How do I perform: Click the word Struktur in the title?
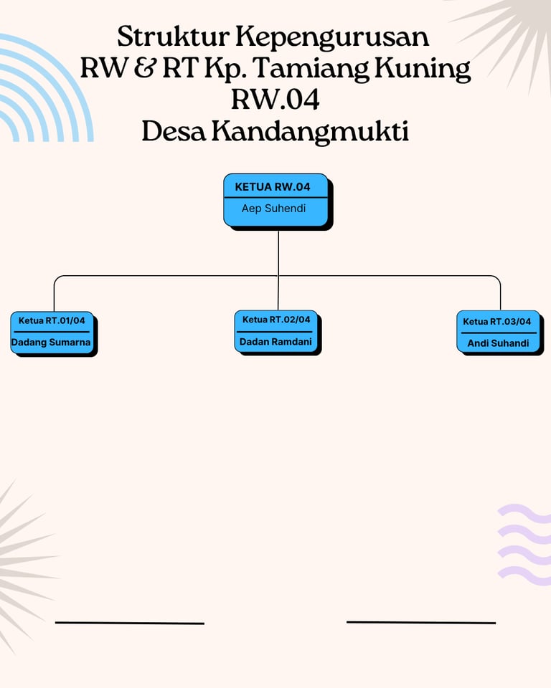click(x=173, y=37)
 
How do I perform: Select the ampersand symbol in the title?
click(x=145, y=69)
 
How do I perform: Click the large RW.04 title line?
click(x=275, y=100)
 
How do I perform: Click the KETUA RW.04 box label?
click(x=273, y=187)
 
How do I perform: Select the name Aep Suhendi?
click(x=273, y=208)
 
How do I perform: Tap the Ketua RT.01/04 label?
click(x=52, y=321)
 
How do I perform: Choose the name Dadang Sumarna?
click(x=51, y=343)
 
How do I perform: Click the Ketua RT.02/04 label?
click(x=276, y=320)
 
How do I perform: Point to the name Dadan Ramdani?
click(x=275, y=341)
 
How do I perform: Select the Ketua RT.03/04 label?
click(x=497, y=322)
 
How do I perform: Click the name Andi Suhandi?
click(x=498, y=343)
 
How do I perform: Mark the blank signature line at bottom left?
click(x=130, y=623)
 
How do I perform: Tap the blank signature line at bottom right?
click(x=421, y=622)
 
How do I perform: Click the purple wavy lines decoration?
click(x=524, y=545)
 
